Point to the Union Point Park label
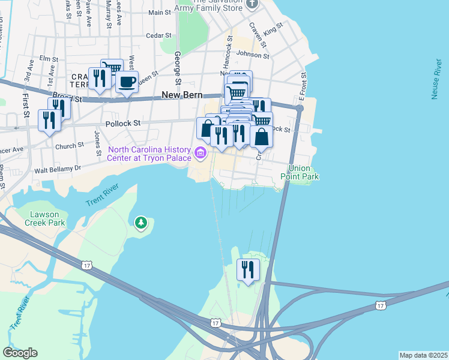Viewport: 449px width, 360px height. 303,173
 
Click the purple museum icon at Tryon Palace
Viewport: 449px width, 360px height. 201,154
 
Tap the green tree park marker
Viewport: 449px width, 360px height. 141,224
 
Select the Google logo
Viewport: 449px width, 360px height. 20,353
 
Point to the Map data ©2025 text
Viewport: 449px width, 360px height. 423,355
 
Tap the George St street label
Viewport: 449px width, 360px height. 178,68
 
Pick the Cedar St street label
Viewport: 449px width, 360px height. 158,35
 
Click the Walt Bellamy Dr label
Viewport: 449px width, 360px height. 57,169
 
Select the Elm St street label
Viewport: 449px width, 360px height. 48,59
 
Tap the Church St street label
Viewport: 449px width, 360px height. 70,146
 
